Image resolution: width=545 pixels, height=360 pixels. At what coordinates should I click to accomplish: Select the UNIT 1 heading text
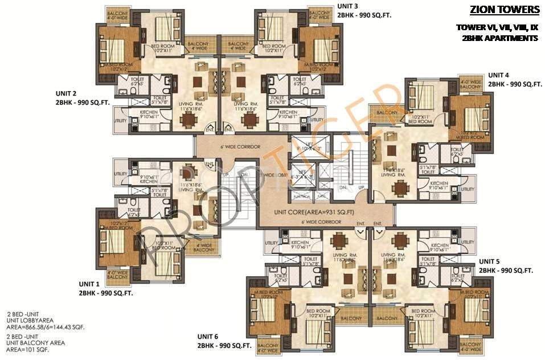pos(89,283)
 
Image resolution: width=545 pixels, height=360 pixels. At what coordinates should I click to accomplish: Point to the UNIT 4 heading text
pos(499,75)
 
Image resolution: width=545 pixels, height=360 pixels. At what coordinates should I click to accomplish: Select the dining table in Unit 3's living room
pos(249,120)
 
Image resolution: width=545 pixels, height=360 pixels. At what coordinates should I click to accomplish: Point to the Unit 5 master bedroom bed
pos(472,310)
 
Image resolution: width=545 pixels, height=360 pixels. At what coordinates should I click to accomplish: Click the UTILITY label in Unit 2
pos(120,120)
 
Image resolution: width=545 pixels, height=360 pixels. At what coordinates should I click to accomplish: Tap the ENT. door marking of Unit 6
pos(360,224)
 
